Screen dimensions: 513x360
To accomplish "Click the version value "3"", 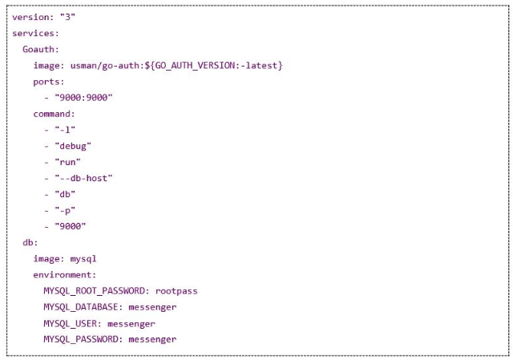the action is (x=67, y=17).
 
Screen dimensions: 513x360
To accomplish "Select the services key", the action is (x=35, y=33).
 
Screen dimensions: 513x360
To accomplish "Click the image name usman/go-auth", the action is (x=105, y=66).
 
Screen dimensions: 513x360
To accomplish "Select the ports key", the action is (x=48, y=82).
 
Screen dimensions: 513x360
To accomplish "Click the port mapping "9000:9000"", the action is (x=83, y=98).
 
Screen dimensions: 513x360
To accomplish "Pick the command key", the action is (x=54, y=114).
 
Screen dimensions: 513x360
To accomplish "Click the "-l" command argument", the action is (x=65, y=130).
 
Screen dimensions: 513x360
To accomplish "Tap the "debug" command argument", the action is (x=73, y=146).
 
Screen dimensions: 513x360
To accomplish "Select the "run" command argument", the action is (x=67, y=162).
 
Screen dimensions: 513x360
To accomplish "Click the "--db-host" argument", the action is (x=83, y=178).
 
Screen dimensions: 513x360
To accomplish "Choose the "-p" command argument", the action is (x=65, y=210).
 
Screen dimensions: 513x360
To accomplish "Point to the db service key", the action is (x=30, y=242).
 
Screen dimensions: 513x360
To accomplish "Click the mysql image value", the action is (x=83, y=259).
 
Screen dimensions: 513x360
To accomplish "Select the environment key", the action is (x=64, y=274).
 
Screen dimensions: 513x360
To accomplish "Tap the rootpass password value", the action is (x=176, y=291).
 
